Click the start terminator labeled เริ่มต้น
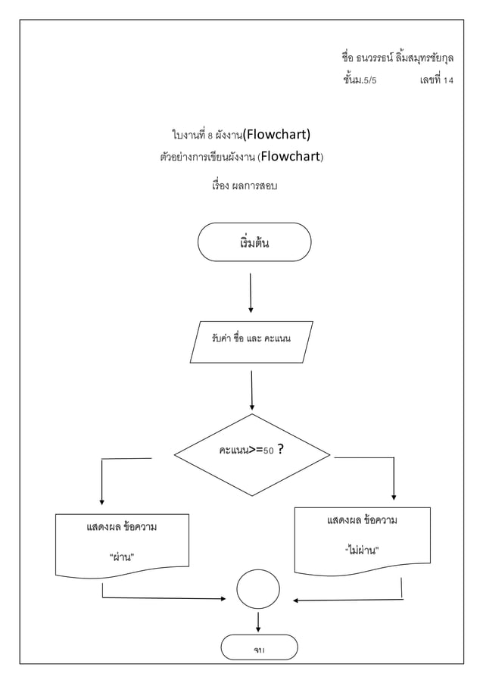point(254,242)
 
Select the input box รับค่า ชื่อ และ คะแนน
point(251,341)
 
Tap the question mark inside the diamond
point(281,450)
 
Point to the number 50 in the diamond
point(267,451)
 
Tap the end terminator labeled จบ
point(259,648)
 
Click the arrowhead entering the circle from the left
point(223,599)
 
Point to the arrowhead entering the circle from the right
point(296,601)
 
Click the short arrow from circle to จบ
point(259,622)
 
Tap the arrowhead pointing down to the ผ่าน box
point(101,501)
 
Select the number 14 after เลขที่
point(448,81)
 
